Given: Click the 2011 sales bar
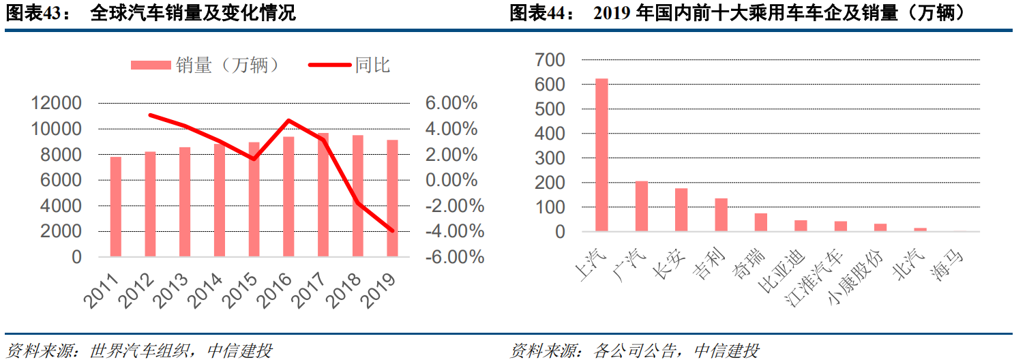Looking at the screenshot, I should tap(116, 207).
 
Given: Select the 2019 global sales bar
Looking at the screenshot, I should tap(392, 198).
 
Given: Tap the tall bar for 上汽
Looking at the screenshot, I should tap(601, 155).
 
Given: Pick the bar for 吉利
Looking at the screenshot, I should tap(721, 215).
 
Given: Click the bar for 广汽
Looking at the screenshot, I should tap(642, 206).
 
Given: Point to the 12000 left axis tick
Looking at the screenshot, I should tap(56, 103).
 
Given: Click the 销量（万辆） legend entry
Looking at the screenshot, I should tap(205, 65).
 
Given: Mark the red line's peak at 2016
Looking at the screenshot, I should tap(288, 121).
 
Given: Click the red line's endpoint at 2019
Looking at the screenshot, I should tap(392, 230).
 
